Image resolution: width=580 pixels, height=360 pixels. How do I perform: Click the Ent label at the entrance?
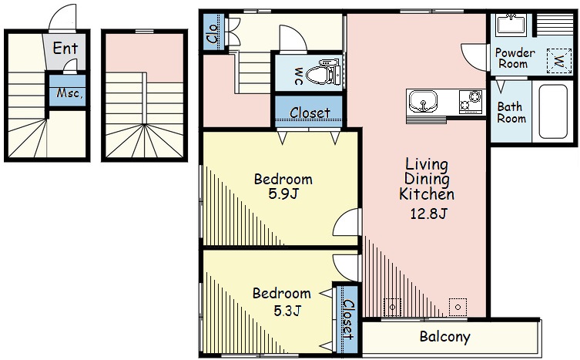[65, 48]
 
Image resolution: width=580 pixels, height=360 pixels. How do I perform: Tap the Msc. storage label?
[69, 93]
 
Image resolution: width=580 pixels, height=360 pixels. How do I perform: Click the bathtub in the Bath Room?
[553, 112]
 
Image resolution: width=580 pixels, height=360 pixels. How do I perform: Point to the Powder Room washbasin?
[511, 25]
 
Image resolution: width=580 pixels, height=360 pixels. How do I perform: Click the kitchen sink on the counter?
[423, 100]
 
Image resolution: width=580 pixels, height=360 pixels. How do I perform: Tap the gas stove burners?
[471, 102]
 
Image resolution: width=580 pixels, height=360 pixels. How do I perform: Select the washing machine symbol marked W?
[559, 61]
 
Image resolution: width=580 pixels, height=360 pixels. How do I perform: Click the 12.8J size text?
[429, 214]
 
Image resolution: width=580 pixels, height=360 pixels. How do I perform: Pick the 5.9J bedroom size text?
[283, 193]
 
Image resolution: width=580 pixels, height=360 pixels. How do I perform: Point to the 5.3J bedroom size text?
[287, 311]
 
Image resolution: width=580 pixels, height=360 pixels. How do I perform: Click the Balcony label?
[445, 337]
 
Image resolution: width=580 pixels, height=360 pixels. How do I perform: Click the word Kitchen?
[427, 194]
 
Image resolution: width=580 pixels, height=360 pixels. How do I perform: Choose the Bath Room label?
[511, 113]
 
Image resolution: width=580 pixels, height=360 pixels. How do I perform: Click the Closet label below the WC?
[310, 113]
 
